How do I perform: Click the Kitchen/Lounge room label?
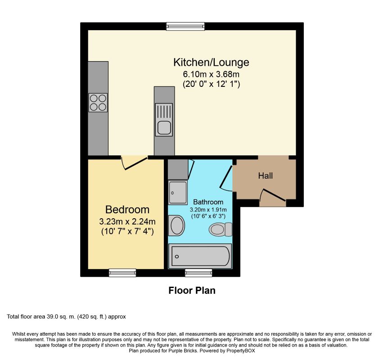211,62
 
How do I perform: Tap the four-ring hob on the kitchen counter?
98,102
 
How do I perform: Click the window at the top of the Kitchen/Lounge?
185,26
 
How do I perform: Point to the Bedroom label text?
127,210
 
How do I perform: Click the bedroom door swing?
135,162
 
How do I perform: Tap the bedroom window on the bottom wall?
123,273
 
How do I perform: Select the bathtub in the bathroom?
200,256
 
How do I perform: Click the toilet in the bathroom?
220,229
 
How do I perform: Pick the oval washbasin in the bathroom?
176,225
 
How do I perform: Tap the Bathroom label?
208,202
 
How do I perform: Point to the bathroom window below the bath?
199,273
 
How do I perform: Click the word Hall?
265,176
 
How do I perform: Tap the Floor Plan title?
192,291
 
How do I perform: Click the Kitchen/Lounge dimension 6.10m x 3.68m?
211,73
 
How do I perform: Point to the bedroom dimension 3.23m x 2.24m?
127,221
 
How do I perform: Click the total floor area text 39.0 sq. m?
66,317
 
